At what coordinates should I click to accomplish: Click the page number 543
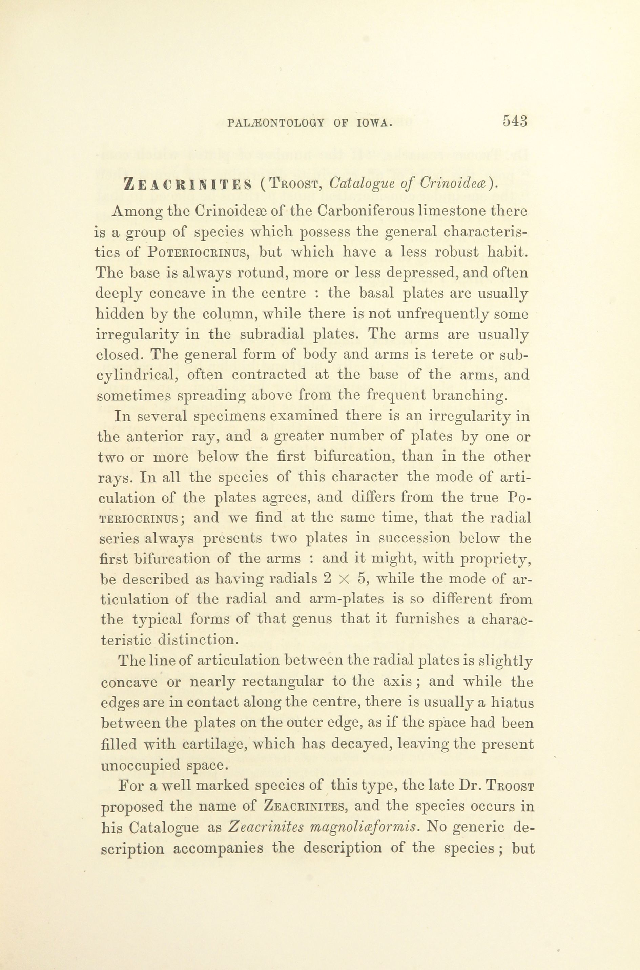(516, 122)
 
